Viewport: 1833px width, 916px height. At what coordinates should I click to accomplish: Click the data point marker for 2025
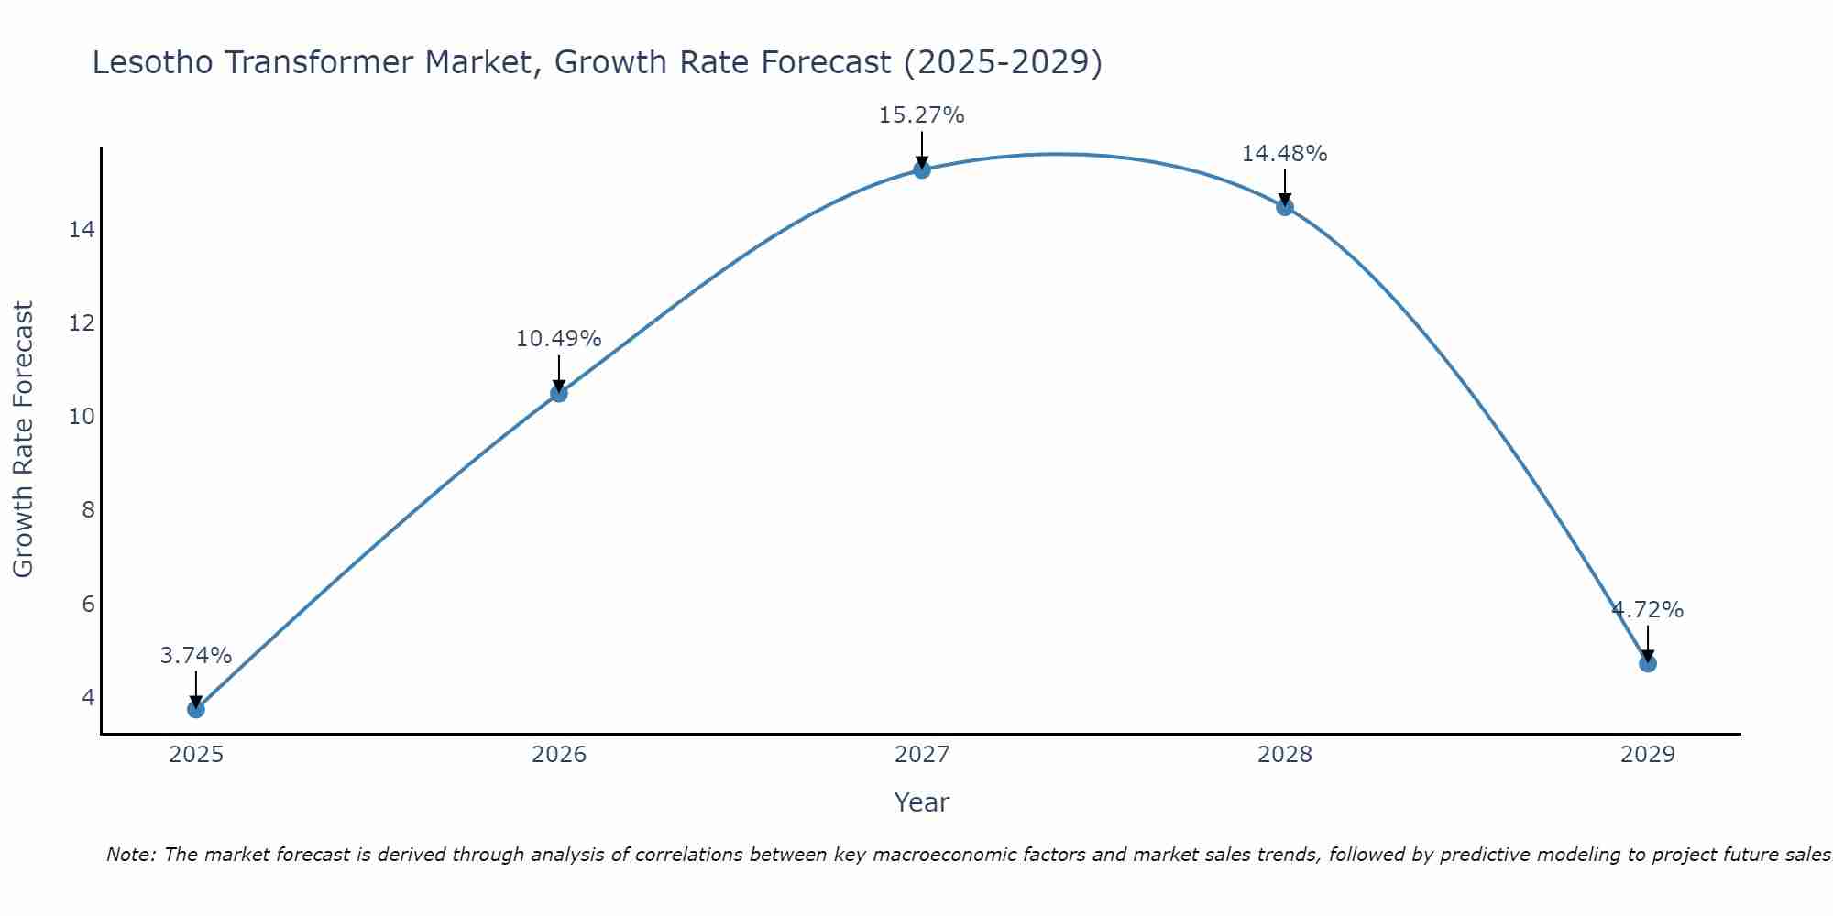tap(195, 709)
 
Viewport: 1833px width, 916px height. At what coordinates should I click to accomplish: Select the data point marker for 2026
tap(558, 393)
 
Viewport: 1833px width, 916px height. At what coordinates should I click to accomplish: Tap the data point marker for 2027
tap(921, 169)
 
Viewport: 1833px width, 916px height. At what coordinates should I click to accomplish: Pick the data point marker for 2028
tap(1284, 207)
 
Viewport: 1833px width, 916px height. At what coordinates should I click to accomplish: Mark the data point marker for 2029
tap(1647, 663)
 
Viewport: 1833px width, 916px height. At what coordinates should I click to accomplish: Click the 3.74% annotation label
tap(195, 656)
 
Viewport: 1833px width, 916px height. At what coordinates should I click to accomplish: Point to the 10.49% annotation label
tap(558, 339)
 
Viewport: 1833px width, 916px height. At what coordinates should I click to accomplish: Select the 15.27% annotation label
tap(921, 115)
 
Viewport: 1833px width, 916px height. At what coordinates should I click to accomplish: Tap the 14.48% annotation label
tap(1284, 154)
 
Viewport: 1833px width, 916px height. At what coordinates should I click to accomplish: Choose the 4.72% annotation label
tap(1647, 610)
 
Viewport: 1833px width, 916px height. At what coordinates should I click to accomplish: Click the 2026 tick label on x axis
tap(558, 755)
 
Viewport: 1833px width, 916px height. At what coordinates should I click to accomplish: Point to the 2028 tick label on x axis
tap(1284, 755)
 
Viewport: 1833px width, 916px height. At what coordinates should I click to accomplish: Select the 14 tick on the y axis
tap(82, 230)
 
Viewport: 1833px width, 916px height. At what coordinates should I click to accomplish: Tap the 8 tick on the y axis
tap(88, 510)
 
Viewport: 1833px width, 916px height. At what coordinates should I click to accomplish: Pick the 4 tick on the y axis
tap(88, 698)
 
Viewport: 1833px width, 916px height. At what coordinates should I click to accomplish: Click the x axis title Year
tap(921, 802)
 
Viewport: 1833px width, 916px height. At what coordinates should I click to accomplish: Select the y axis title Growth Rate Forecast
tap(23, 439)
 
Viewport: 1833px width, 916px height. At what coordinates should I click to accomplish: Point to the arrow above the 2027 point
tap(921, 149)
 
